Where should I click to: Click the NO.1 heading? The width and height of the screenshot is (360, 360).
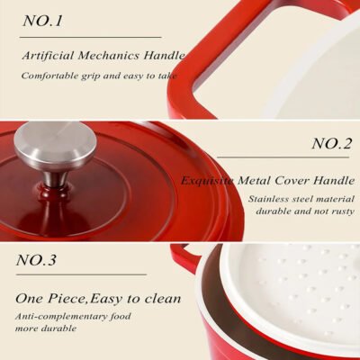click(42, 21)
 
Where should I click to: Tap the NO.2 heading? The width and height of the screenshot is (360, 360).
click(331, 143)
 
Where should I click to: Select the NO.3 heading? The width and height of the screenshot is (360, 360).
click(36, 259)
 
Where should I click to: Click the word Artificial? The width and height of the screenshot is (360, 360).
click(48, 56)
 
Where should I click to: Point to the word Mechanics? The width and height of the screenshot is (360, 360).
click(109, 56)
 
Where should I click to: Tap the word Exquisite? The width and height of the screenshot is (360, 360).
click(207, 181)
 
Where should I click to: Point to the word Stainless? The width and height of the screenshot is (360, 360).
click(268, 199)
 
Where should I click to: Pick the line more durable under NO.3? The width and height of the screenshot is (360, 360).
click(46, 328)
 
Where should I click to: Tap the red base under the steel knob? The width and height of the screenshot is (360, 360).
click(56, 191)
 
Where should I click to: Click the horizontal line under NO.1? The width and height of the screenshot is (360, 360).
click(90, 37)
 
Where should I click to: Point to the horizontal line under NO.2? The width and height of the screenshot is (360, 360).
click(283, 157)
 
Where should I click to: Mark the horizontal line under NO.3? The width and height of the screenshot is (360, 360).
click(81, 274)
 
